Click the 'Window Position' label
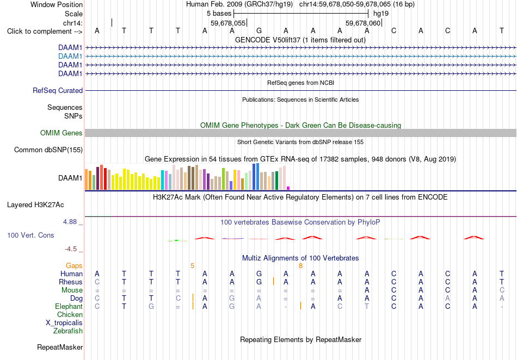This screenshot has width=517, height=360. (57, 4)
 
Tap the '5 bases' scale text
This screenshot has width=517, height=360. (219, 14)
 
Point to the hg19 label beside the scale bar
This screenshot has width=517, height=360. (381, 14)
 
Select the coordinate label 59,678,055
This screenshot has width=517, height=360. (228, 23)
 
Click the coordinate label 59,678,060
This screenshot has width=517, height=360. (363, 23)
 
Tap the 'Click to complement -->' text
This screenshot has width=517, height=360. (45, 32)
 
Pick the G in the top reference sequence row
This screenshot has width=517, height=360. (259, 31)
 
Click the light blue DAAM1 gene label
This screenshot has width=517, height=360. (70, 57)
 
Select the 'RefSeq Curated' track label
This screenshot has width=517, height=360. (57, 91)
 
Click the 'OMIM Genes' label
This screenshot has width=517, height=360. (61, 133)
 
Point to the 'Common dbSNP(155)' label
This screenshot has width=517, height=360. (48, 150)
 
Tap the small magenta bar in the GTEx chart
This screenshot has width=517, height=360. (288, 188)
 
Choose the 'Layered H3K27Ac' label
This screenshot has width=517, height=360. (35, 205)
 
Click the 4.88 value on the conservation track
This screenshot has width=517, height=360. (70, 222)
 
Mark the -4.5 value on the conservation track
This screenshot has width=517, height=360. (71, 249)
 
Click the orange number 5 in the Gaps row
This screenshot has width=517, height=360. (192, 266)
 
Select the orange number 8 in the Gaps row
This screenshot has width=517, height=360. (301, 266)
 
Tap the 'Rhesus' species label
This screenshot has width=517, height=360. (71, 282)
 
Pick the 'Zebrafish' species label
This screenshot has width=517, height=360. (68, 331)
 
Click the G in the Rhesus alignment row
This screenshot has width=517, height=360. (259, 282)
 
